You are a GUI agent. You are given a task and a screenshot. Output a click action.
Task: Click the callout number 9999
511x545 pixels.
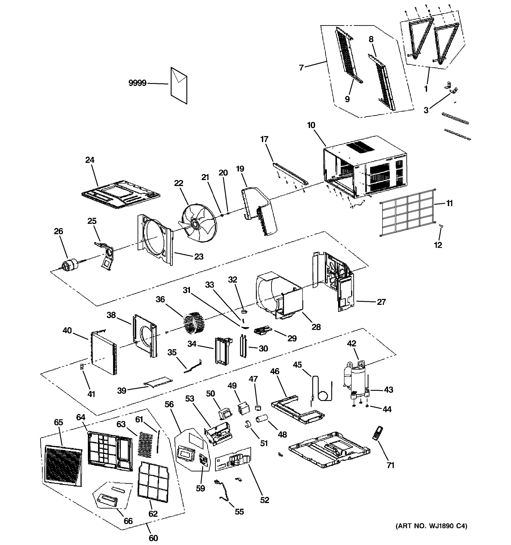click(137, 83)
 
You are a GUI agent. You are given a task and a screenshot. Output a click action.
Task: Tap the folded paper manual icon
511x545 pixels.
click(179, 85)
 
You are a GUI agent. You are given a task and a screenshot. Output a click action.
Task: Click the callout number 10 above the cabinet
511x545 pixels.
click(311, 125)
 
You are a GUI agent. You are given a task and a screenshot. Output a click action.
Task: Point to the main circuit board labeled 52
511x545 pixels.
click(233, 460)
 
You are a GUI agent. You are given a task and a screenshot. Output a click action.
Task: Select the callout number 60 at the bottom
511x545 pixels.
click(153, 538)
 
